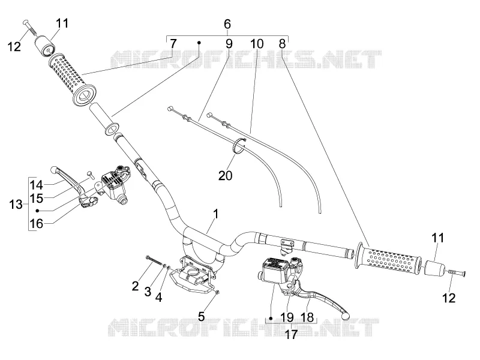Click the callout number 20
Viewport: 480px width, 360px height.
click(x=226, y=175)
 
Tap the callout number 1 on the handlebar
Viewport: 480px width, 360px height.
click(x=216, y=214)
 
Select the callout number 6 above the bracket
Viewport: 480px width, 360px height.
click(x=227, y=24)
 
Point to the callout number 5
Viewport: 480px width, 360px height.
click(x=201, y=316)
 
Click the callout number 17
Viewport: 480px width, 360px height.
click(x=291, y=335)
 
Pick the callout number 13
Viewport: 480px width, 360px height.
click(x=16, y=204)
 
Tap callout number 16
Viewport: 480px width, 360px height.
click(x=36, y=223)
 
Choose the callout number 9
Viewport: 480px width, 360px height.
click(x=229, y=44)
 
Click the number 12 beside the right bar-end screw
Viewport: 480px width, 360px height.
click(x=449, y=298)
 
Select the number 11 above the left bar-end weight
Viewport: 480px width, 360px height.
click(x=62, y=23)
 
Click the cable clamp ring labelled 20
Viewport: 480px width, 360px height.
click(x=239, y=146)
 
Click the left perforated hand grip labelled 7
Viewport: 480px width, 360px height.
click(x=73, y=80)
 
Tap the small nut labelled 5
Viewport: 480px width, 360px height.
click(x=217, y=292)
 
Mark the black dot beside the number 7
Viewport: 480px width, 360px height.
click(x=199, y=43)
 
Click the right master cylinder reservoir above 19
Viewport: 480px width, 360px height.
click(x=273, y=269)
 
